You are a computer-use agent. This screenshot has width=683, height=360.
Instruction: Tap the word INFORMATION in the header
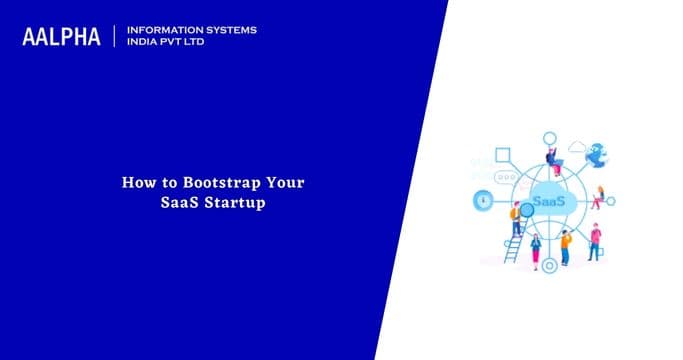coord(166,30)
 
